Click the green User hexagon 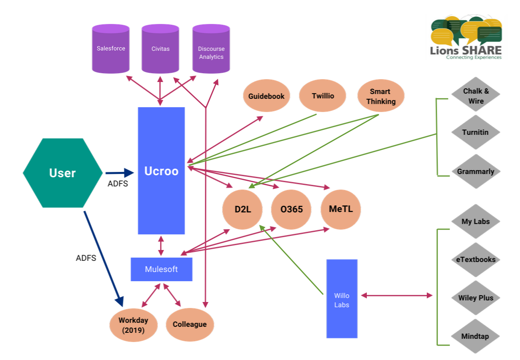[62, 173]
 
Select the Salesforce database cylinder [111, 49]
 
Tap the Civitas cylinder [160, 49]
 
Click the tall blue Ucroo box [161, 171]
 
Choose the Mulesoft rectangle [161, 269]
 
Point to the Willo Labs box [342, 298]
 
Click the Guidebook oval [266, 96]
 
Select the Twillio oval [322, 96]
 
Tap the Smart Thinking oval [380, 96]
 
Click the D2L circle [242, 209]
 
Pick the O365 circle [291, 209]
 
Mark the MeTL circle [340, 209]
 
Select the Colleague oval [190, 324]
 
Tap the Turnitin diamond [475, 132]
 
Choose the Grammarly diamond [475, 171]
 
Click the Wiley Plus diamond [475, 298]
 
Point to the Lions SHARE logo [466, 37]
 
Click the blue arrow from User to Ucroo [119, 173]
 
